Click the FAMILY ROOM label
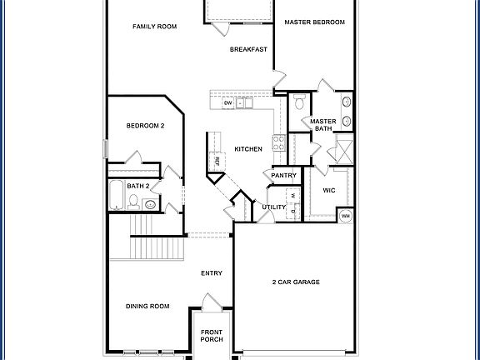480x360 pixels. pyautogui.click(x=155, y=27)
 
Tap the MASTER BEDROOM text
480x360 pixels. pyautogui.click(x=314, y=22)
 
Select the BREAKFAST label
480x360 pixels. pyautogui.click(x=248, y=49)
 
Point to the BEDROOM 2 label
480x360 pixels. pyautogui.click(x=145, y=126)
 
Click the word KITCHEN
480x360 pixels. pyautogui.click(x=248, y=149)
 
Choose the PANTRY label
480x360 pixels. pyautogui.click(x=284, y=176)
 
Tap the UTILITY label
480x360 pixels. pyautogui.click(x=273, y=207)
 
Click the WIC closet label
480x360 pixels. pyautogui.click(x=328, y=190)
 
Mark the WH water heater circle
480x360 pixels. pyautogui.click(x=345, y=216)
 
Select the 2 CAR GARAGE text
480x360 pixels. pyautogui.click(x=296, y=282)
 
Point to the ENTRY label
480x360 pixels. pyautogui.click(x=212, y=273)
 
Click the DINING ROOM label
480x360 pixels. pyautogui.click(x=147, y=306)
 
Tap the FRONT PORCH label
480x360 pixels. pyautogui.click(x=212, y=335)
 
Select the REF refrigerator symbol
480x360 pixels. pyautogui.click(x=217, y=160)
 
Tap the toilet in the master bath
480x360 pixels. pyautogui.click(x=300, y=102)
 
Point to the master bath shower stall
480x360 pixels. pyautogui.click(x=341, y=152)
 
